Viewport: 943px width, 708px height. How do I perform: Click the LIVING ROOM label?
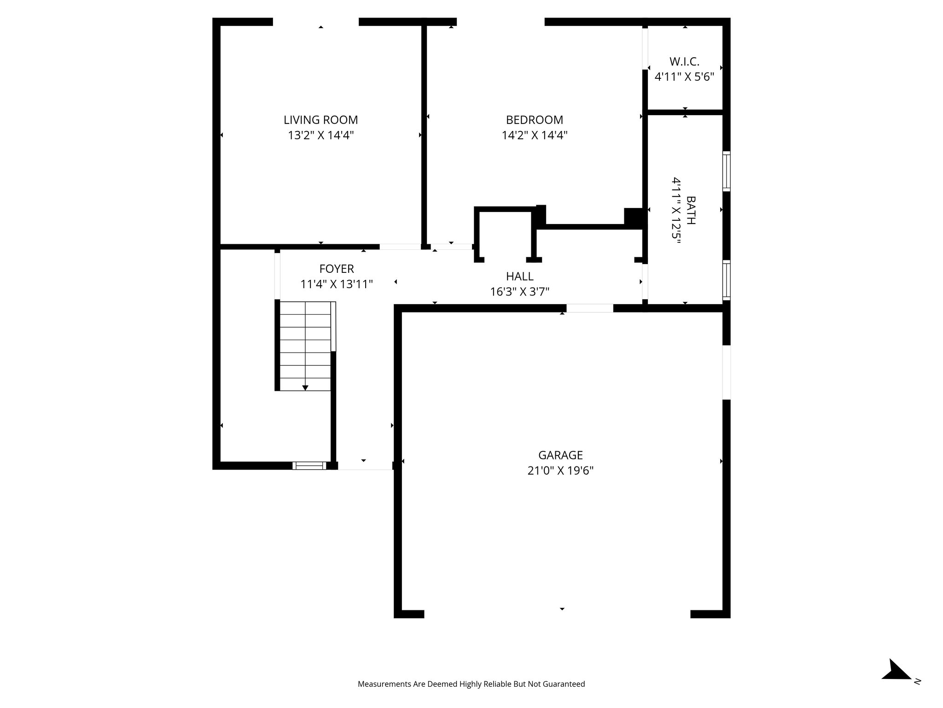pos(320,120)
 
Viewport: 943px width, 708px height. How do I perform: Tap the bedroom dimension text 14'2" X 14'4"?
pos(534,136)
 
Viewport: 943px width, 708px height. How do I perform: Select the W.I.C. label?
pos(684,61)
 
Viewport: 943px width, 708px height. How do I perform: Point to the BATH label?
pos(691,210)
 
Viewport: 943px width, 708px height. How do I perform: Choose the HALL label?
pos(519,277)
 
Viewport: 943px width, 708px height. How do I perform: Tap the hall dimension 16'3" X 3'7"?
pos(519,292)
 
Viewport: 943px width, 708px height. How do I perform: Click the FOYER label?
pos(337,269)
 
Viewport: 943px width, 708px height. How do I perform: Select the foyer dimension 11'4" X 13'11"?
pos(337,284)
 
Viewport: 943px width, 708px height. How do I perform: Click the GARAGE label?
pos(560,455)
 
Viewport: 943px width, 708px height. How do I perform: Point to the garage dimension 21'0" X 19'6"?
pos(560,471)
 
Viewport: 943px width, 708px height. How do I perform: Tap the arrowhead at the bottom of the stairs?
pos(305,388)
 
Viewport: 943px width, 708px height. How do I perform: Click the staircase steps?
pos(305,346)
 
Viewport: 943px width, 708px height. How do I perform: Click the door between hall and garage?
pos(589,308)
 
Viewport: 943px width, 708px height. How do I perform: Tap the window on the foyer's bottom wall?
pos(309,466)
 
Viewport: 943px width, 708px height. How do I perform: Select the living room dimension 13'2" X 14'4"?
pos(320,136)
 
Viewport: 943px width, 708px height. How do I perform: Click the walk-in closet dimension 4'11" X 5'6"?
pos(684,77)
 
